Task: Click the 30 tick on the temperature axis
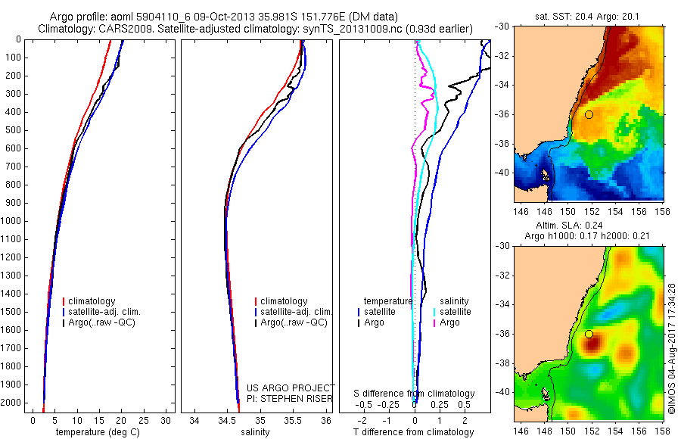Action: (167, 420)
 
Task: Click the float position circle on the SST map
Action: (589, 114)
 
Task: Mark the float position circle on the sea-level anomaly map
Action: (589, 334)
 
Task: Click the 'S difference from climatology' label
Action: (415, 394)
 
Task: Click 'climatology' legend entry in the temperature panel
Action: (92, 301)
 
